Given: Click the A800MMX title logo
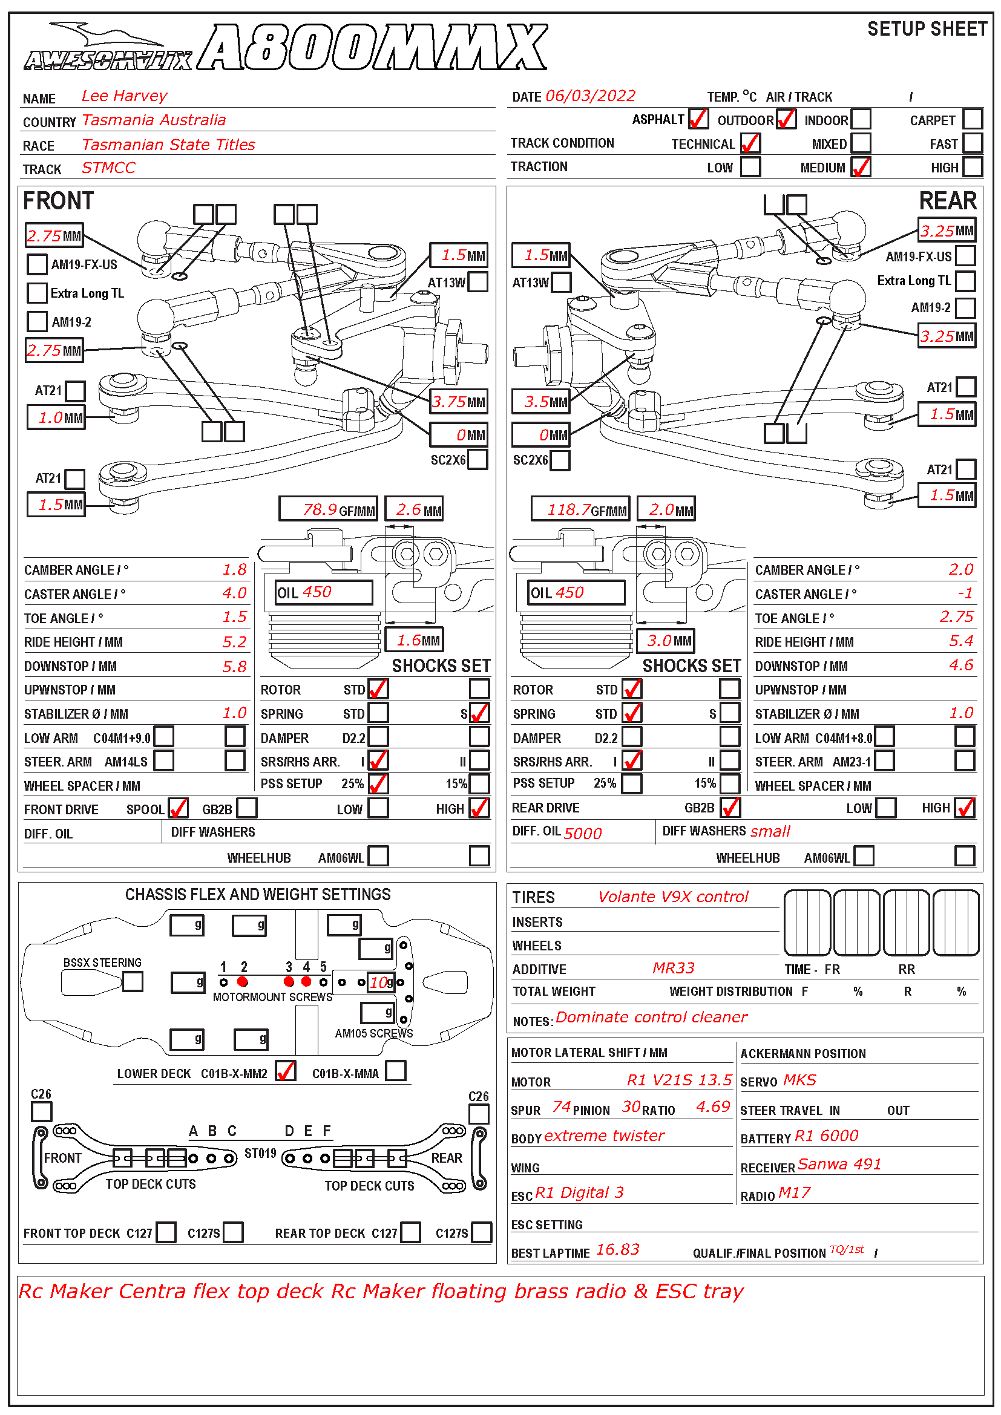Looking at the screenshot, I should [x=373, y=48].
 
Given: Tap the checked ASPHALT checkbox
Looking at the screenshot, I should [x=698, y=119].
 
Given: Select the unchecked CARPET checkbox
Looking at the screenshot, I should [x=972, y=119].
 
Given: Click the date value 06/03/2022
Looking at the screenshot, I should [x=590, y=96].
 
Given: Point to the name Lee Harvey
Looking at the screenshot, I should [x=124, y=96].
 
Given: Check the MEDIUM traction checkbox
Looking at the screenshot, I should [x=861, y=167].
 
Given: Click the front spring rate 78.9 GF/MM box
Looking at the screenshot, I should [x=328, y=509].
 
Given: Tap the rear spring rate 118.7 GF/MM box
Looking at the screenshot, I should [x=580, y=509].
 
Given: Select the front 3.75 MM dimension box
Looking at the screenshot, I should [x=459, y=402].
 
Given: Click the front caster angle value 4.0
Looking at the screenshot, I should [x=234, y=593].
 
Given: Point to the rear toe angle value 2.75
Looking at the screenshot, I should [x=956, y=617].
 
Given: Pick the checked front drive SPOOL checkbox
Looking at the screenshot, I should [x=178, y=808].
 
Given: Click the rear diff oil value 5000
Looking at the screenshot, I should [x=582, y=833].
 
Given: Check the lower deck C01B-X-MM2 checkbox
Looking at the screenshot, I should [x=286, y=1071].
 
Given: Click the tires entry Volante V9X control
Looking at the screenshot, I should [x=673, y=897].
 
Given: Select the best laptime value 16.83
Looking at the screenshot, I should [x=618, y=1250].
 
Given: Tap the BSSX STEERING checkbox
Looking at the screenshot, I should [x=133, y=981].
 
